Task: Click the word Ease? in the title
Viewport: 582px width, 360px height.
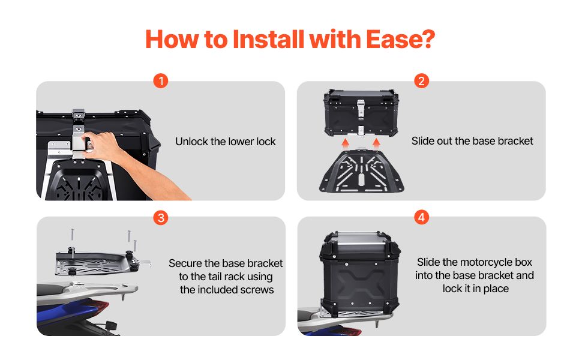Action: (x=400, y=40)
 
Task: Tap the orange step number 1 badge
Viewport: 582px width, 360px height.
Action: (x=161, y=80)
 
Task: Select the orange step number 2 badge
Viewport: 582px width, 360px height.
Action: (x=421, y=80)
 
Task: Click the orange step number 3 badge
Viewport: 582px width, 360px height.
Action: (x=161, y=217)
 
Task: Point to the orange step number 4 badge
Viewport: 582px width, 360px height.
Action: (x=421, y=217)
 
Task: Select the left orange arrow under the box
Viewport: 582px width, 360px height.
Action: (x=345, y=143)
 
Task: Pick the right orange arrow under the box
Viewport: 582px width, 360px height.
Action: (x=376, y=143)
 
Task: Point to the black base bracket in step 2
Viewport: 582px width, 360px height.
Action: (x=361, y=171)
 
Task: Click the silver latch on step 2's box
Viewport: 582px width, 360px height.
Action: (x=361, y=107)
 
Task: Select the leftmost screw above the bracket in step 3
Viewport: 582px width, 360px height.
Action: (x=73, y=235)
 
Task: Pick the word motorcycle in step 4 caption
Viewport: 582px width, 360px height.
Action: (x=487, y=262)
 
